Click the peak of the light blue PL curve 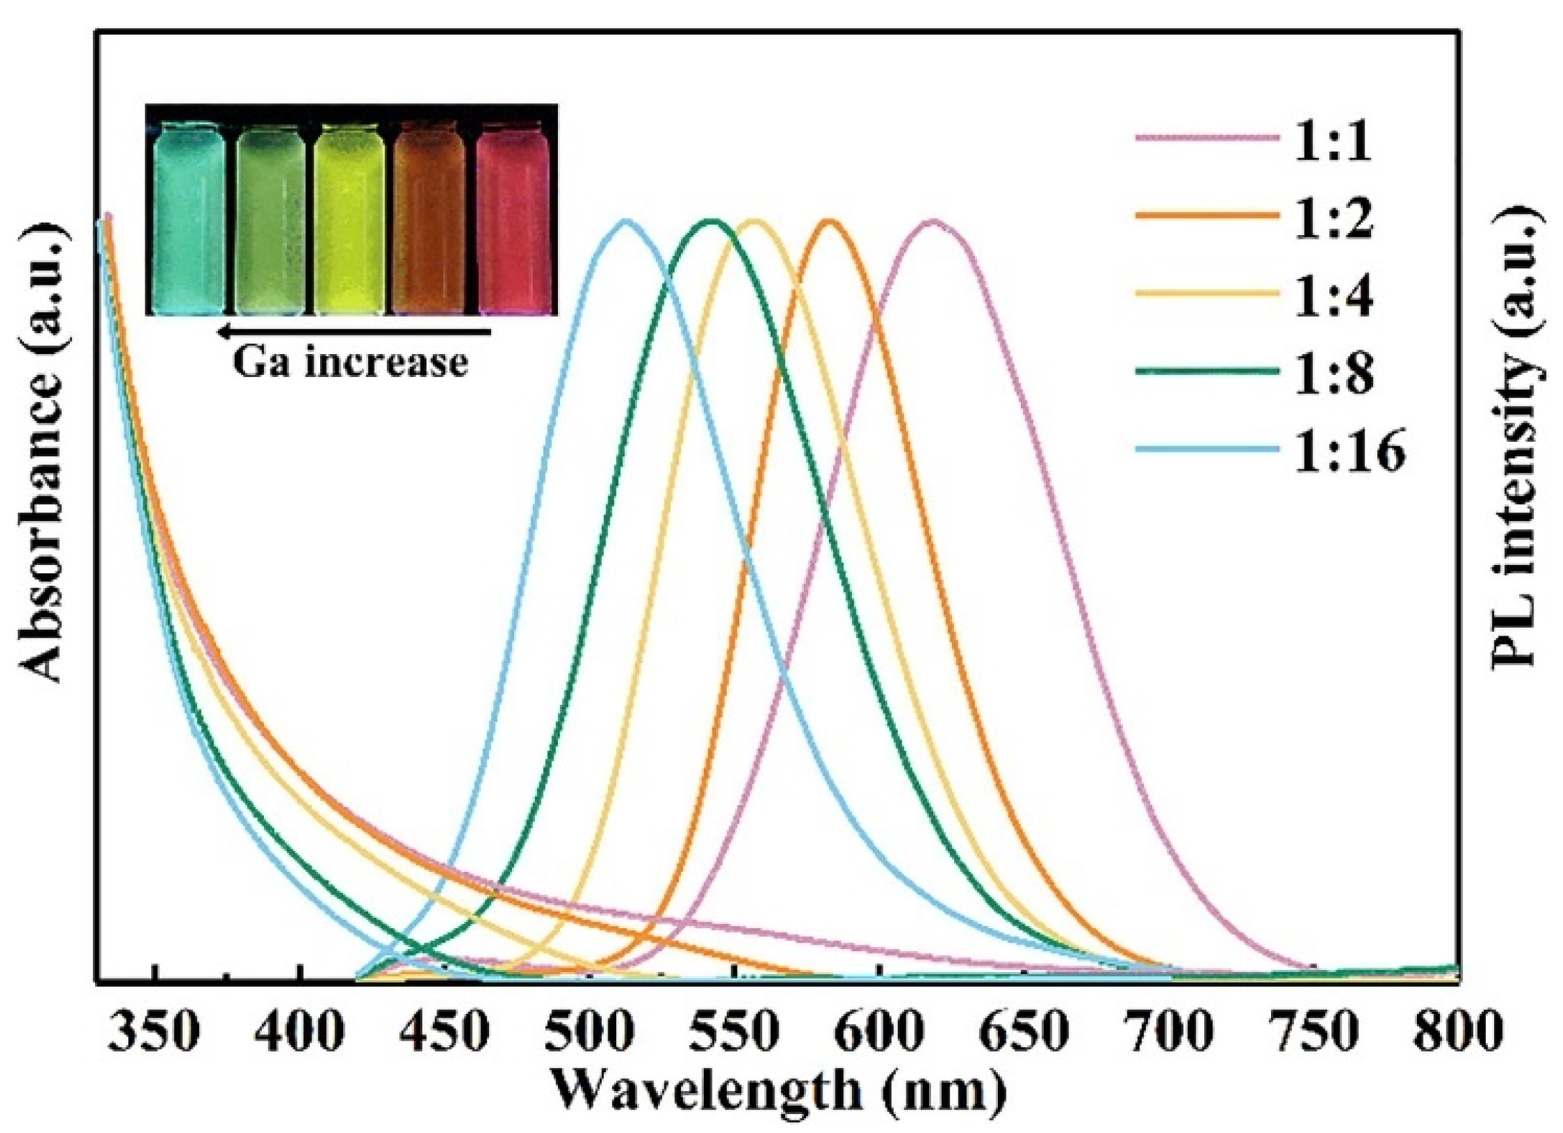pyautogui.click(x=627, y=221)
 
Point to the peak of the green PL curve pyautogui.click(x=712, y=221)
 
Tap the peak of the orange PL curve pyautogui.click(x=829, y=221)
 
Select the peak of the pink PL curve pyautogui.click(x=933, y=222)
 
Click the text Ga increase pyautogui.click(x=350, y=363)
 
